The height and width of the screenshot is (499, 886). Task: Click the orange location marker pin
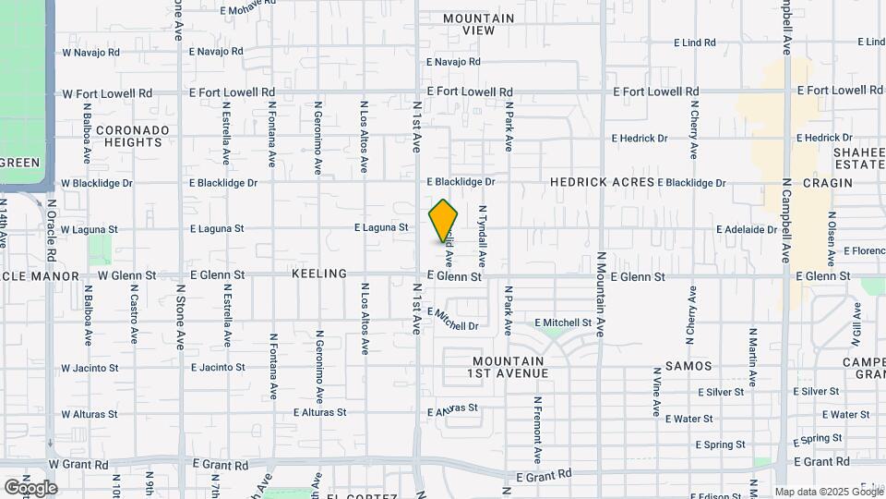point(444,221)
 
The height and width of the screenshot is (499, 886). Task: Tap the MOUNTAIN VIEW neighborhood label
point(478,24)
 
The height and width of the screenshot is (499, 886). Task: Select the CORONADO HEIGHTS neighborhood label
point(134,136)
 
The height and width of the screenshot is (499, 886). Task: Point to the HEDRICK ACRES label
point(602,183)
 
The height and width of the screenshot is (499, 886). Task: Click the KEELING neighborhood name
point(318,274)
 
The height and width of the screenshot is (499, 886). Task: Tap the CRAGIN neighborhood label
point(827,183)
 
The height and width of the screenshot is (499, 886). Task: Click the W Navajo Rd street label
point(90,52)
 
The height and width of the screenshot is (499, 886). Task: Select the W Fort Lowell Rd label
point(107,93)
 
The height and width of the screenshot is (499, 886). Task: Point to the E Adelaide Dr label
point(748,229)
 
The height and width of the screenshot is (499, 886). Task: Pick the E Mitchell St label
point(563,323)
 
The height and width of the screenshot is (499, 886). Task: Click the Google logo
point(30,487)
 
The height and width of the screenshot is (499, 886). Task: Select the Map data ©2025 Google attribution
point(827,492)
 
